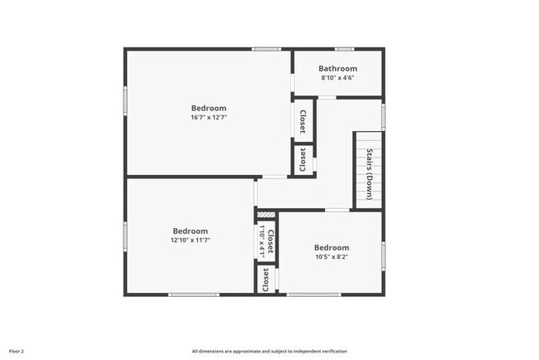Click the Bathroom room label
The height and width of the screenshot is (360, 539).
(338, 69)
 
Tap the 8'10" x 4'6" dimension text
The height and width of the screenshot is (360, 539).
(338, 78)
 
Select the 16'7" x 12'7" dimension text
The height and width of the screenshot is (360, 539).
(209, 118)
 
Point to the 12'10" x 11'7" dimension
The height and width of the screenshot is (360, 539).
(191, 241)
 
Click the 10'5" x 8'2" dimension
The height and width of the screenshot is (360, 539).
(331, 257)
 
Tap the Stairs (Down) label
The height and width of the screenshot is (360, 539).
(370, 173)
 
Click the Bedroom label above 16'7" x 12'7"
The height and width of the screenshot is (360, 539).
(209, 108)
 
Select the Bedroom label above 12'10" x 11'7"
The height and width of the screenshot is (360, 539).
(191, 231)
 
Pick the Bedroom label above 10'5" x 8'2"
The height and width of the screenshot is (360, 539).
(331, 247)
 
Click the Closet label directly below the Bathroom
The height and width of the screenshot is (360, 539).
(303, 122)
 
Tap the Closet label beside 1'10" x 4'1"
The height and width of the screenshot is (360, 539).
(270, 241)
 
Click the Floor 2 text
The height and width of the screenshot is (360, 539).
(17, 351)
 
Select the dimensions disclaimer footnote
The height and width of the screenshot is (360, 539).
(269, 351)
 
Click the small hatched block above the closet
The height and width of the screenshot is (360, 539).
(265, 214)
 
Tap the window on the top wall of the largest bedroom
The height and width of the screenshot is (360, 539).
(266, 49)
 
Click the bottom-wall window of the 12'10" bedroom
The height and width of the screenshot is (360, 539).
(193, 294)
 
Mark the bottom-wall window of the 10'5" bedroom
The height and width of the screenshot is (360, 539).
(313, 294)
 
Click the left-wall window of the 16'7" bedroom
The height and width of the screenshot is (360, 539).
(125, 100)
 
